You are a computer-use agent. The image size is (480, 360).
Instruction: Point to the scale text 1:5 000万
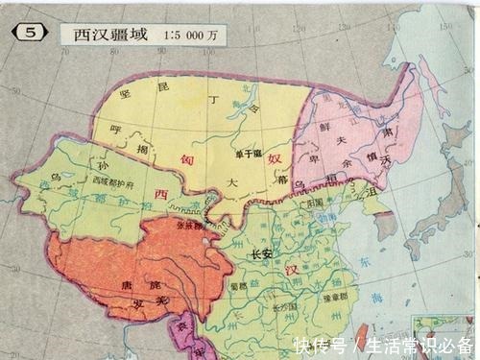coord(191,34)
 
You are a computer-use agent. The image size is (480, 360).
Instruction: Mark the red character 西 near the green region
coord(160,195)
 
